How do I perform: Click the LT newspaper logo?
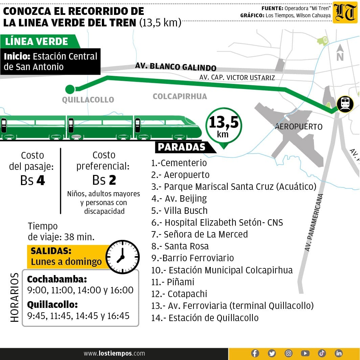point(345,13)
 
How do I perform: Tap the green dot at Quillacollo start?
point(70,89)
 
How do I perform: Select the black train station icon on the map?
point(345,104)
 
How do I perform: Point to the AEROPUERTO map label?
point(299,127)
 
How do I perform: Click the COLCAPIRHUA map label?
point(180,96)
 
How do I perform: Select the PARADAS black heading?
point(182,147)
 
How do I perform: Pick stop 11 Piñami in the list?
point(173,282)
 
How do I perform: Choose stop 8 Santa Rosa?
point(180,246)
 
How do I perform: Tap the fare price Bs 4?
point(32,180)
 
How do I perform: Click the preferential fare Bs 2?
point(104,180)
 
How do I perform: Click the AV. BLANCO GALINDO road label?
point(176,67)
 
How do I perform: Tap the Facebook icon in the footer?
point(255,353)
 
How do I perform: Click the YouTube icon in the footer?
point(305,353)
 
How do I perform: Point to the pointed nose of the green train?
point(198,130)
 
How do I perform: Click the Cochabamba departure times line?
point(80,290)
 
